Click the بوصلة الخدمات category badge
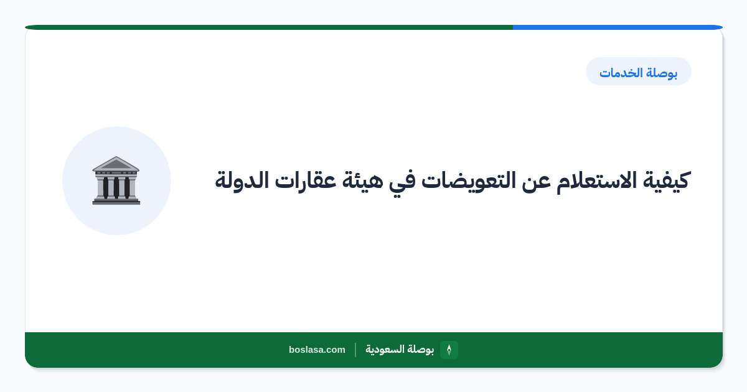point(638,72)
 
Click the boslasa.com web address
point(317,350)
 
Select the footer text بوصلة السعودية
point(400,349)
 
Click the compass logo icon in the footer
point(449,350)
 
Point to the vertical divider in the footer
point(355,350)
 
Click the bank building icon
point(116,180)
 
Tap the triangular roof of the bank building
point(116,163)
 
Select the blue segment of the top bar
point(618,27)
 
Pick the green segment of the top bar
point(269,27)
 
